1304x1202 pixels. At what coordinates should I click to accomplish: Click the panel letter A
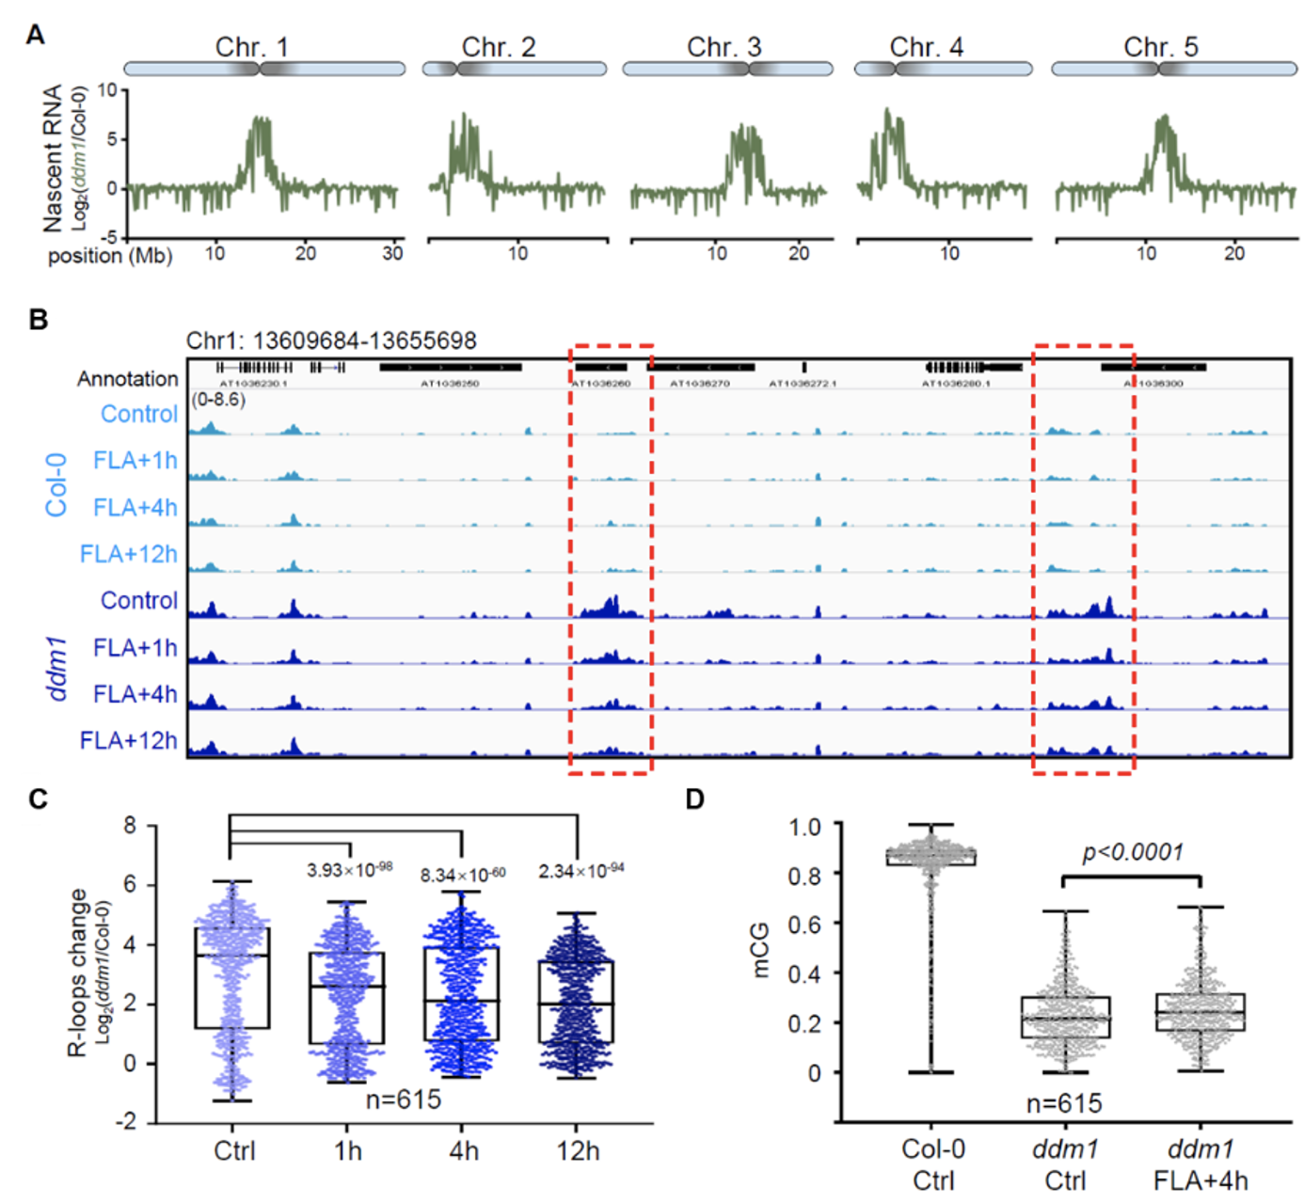(x=36, y=35)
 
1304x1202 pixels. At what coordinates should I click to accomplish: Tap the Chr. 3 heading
(x=724, y=47)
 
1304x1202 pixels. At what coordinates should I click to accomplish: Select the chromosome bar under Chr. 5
(x=1173, y=69)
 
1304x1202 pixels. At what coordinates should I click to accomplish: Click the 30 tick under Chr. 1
(x=392, y=253)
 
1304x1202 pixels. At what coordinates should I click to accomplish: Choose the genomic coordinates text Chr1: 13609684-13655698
(x=331, y=340)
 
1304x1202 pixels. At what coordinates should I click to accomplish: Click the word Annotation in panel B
(x=127, y=378)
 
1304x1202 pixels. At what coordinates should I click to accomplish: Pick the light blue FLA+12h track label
(x=128, y=554)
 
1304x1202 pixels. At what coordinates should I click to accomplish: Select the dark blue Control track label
(x=138, y=600)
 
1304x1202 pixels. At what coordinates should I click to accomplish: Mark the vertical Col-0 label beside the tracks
(x=56, y=484)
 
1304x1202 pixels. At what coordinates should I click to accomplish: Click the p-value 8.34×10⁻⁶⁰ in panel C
(x=462, y=875)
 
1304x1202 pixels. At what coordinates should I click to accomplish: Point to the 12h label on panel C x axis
(x=577, y=1151)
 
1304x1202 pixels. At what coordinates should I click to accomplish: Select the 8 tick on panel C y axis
(x=129, y=826)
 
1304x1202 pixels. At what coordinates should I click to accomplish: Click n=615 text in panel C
(x=403, y=1099)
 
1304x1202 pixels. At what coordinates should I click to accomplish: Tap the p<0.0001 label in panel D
(x=1132, y=852)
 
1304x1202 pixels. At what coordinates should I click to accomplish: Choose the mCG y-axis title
(x=759, y=950)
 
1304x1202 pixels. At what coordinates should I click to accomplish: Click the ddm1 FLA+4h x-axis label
(x=1201, y=1164)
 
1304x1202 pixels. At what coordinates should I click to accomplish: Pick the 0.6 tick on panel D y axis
(x=804, y=924)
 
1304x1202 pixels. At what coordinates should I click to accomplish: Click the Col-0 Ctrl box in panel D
(x=931, y=856)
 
